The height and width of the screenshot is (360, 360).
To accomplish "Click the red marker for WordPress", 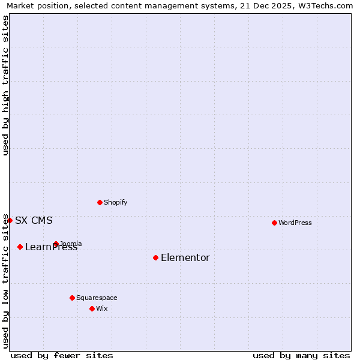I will pos(274,223).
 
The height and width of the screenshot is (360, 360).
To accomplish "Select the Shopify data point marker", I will pos(100,202).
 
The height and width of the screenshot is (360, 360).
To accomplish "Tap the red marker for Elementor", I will pos(155,257).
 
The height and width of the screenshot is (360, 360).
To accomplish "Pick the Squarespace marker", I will pos(72,298).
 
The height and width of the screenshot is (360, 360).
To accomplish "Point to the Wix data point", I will pos(92,308).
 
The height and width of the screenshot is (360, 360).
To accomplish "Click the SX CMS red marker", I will pos(10,220).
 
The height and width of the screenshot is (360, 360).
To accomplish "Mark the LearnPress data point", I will pos(20,247).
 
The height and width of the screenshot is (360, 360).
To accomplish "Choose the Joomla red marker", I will pos(56,244).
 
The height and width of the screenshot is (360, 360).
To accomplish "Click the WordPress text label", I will pos(295,223).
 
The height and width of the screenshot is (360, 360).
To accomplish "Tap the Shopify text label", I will pos(116,202).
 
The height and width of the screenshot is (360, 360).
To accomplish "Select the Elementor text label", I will pos(185,258).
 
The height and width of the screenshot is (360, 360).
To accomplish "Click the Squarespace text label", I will pos(97,298).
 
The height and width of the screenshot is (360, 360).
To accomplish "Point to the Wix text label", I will pos(102,308).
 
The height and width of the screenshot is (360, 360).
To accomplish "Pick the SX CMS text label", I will pos(34,220).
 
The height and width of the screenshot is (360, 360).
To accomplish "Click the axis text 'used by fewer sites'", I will pos(62,355).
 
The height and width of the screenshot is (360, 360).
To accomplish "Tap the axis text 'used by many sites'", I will pos(301,355).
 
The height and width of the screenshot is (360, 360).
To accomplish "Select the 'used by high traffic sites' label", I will pos(5,85).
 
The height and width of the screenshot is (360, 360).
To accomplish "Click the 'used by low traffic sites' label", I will pos(5,281).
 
